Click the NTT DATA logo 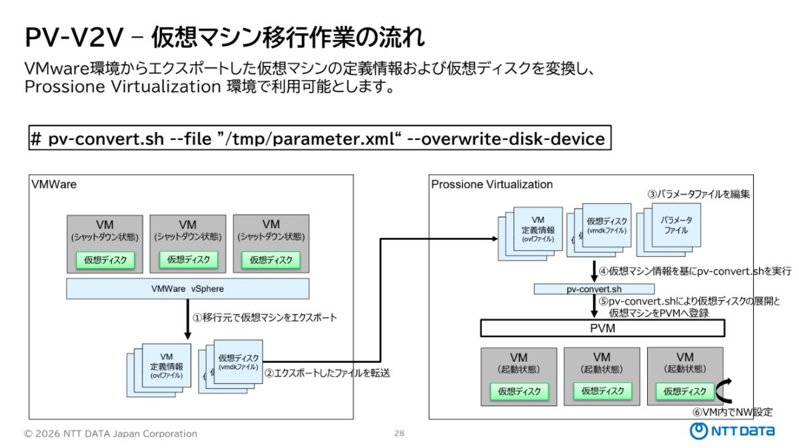pos(732,431)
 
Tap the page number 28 pos(399,433)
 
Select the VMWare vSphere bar pos(187,289)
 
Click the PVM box pos(602,328)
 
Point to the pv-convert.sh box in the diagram pos(594,289)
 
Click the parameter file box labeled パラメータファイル pos(676,225)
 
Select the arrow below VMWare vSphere pos(187,319)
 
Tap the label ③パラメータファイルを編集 pos(698,194)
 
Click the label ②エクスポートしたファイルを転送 pos(327,373)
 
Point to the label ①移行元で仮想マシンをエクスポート pos(265,317)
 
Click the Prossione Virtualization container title pos(492,185)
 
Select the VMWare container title pos(54,185)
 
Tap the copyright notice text pos(110,434)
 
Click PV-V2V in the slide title pos(74,37)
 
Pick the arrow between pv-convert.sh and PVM pos(594,306)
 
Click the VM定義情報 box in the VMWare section pos(166,365)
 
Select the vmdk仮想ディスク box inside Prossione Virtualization pos(606,225)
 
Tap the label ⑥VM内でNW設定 pos(732,412)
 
